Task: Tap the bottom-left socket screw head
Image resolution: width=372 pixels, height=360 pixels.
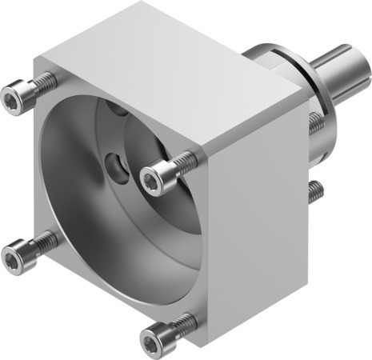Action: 12,257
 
